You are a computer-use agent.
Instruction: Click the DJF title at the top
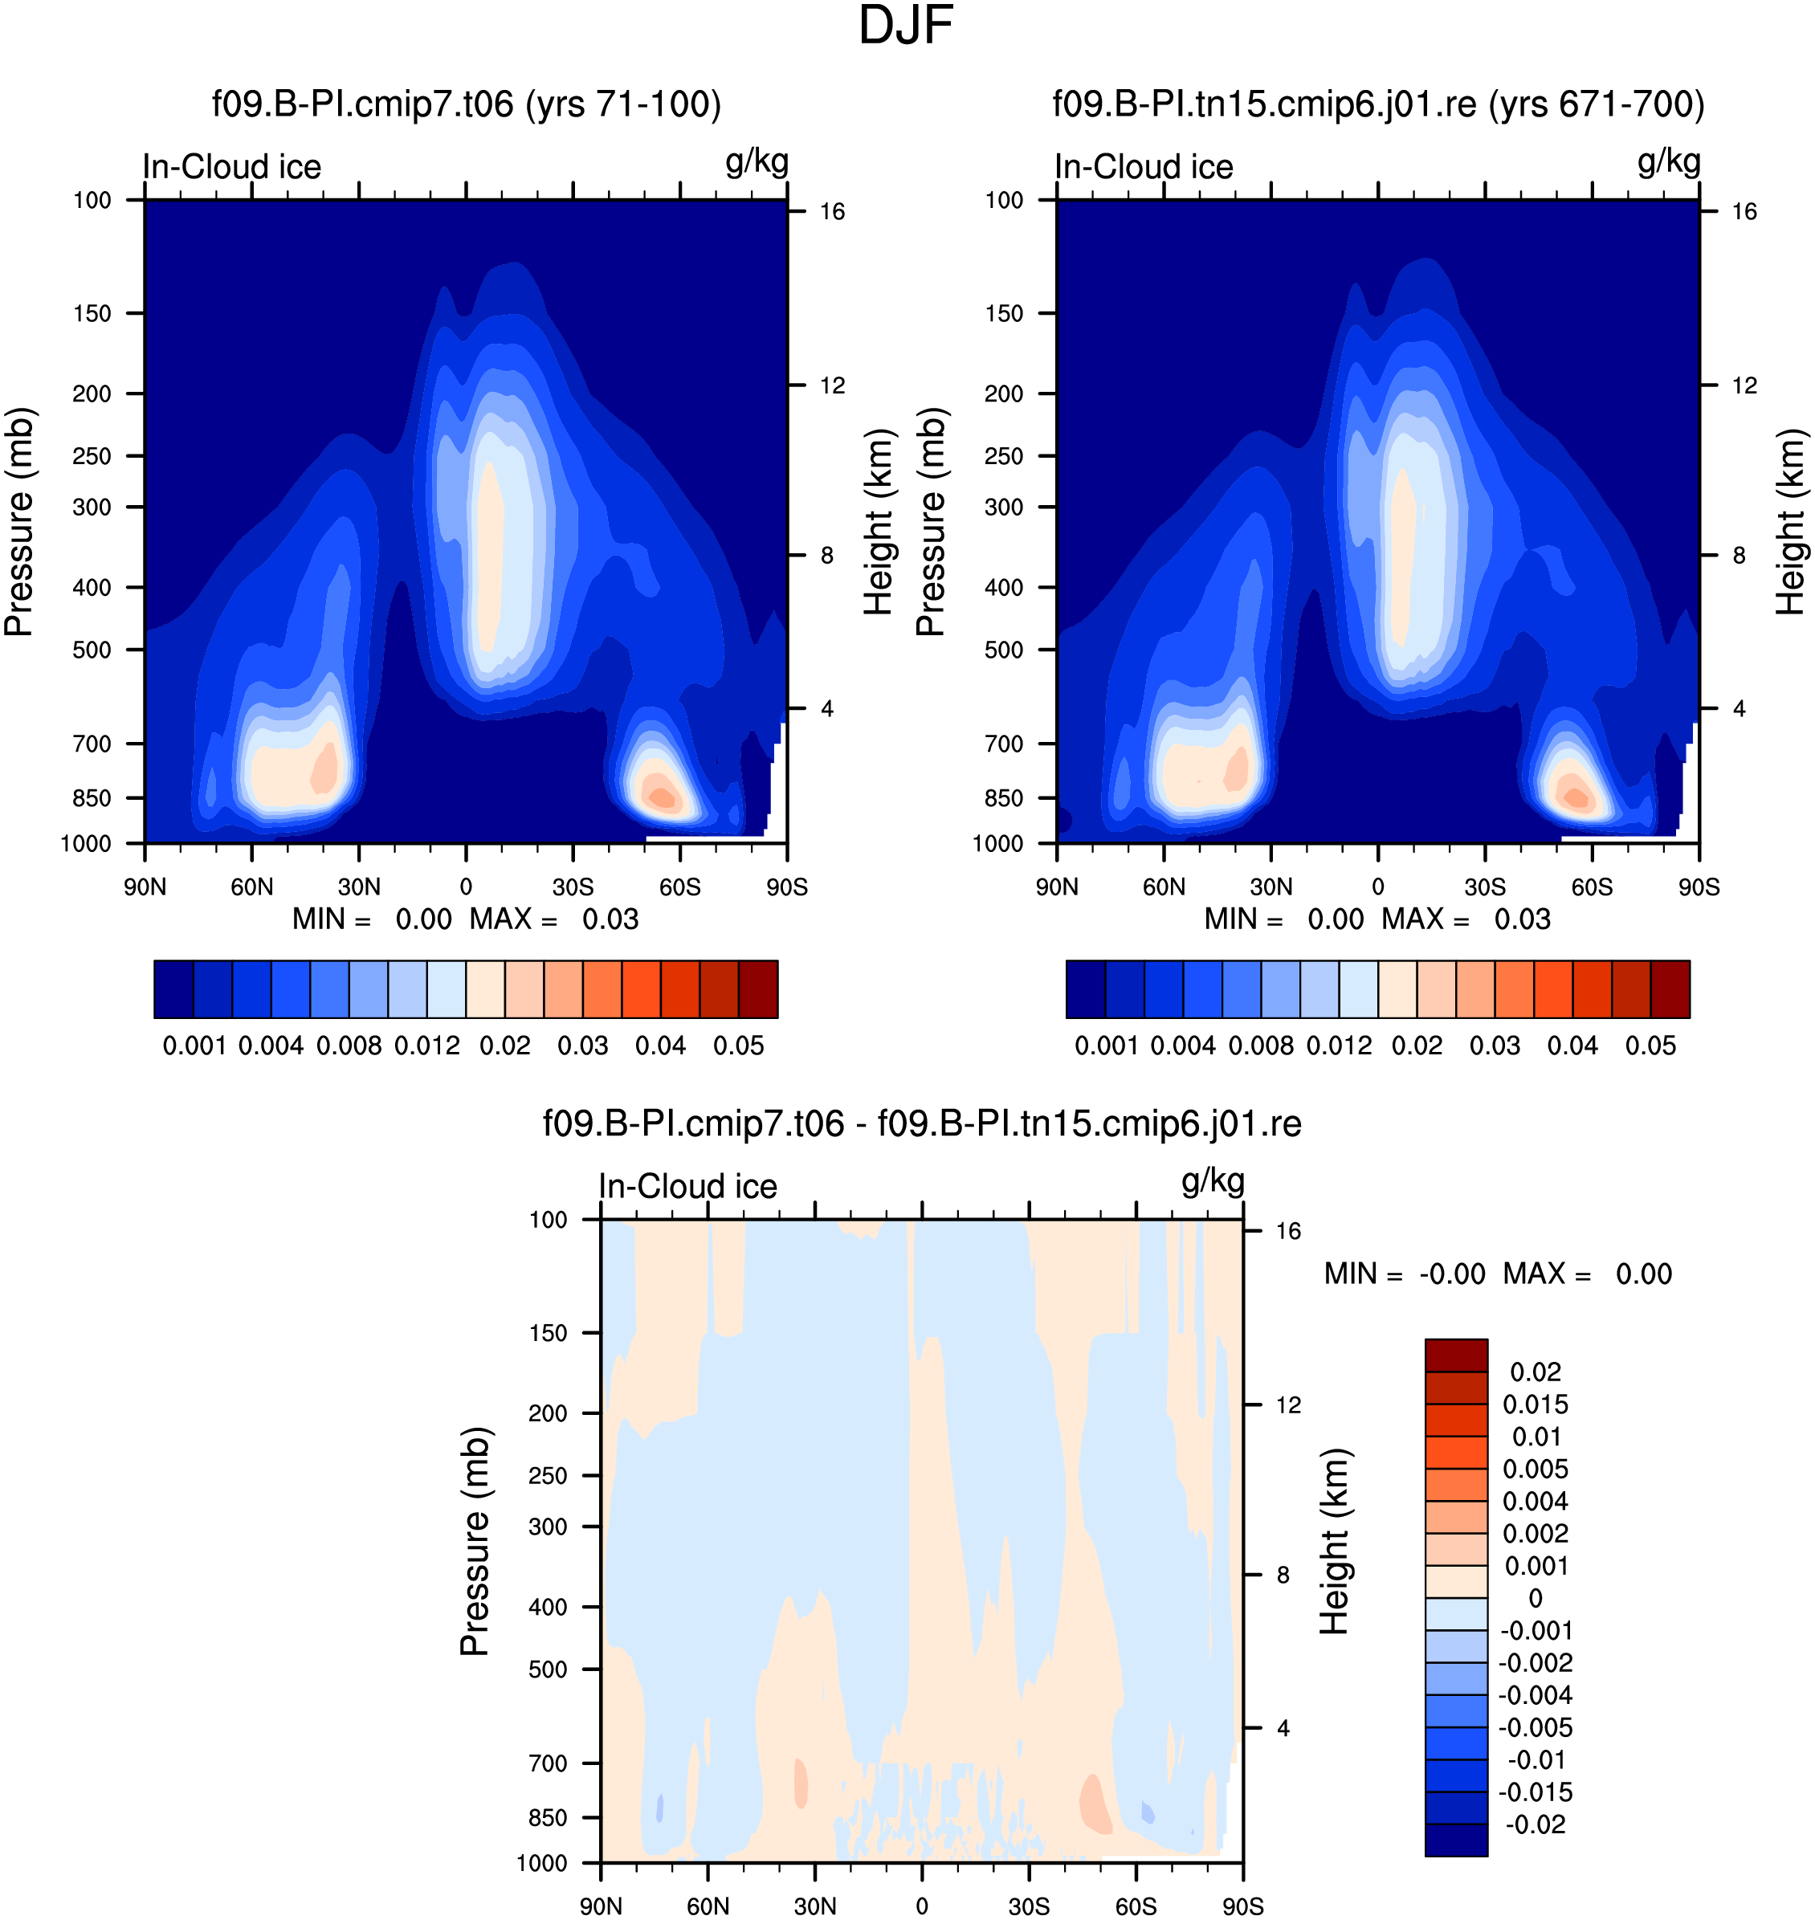(906, 26)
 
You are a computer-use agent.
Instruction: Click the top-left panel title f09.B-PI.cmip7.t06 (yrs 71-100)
(467, 104)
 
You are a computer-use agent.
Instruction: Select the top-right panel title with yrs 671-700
(1379, 104)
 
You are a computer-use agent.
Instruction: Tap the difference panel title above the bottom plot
(922, 1124)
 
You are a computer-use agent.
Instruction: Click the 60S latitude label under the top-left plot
(680, 887)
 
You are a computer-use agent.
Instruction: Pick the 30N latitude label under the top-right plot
(1270, 887)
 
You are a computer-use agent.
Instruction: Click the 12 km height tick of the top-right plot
(1744, 386)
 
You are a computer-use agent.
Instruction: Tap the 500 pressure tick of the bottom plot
(548, 1669)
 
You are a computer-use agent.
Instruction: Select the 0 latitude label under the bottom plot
(922, 1906)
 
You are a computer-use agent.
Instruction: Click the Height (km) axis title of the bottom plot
(1334, 1542)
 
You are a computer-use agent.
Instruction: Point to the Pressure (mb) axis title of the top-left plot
(18, 522)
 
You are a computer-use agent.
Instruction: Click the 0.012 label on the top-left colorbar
(426, 1046)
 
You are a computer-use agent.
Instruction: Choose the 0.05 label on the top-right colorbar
(1650, 1046)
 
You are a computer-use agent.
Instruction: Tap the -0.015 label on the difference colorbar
(1536, 1792)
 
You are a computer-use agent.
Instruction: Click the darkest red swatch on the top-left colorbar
(758, 989)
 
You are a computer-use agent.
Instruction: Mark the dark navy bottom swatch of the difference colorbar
(1456, 1840)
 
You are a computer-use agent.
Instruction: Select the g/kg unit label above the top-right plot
(1669, 161)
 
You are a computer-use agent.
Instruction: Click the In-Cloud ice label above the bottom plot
(688, 1187)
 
